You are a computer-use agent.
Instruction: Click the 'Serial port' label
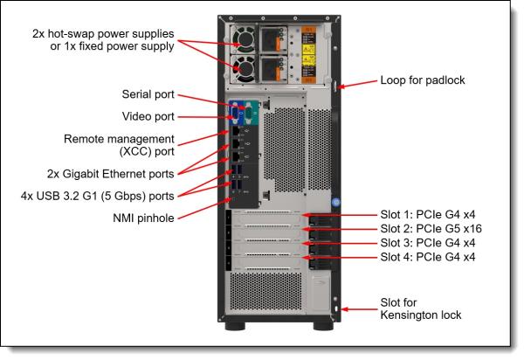click(x=148, y=93)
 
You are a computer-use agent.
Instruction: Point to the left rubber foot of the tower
click(x=236, y=336)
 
